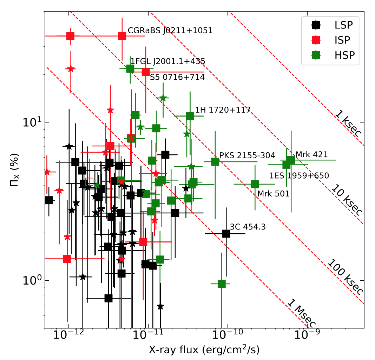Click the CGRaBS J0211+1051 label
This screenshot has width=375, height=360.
pyautogui.click(x=170, y=31)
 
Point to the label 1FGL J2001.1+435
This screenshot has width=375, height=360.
pyautogui.click(x=168, y=62)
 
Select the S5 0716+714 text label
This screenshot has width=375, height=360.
pyautogui.click(x=177, y=77)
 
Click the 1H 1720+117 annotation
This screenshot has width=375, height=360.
pyautogui.click(x=223, y=110)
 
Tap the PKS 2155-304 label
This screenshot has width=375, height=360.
pyautogui.click(x=247, y=155)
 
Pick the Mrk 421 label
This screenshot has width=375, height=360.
pyautogui.click(x=311, y=154)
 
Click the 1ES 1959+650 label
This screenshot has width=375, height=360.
pyautogui.click(x=299, y=176)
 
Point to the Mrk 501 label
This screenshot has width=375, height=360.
pyautogui.click(x=274, y=193)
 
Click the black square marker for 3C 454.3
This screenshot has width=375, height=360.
pyautogui.click(x=226, y=234)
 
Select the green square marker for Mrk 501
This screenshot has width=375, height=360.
pyautogui.click(x=255, y=184)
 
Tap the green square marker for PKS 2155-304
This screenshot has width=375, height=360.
pyautogui.click(x=215, y=162)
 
